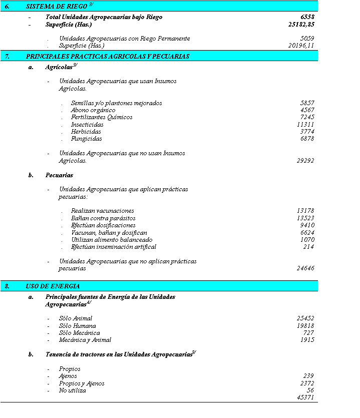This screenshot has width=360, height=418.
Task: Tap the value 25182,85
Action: click(301, 24)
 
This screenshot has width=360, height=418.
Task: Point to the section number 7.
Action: click(8, 57)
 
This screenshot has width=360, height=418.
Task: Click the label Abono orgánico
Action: click(93, 110)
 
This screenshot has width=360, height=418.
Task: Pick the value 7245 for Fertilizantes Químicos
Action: click(307, 117)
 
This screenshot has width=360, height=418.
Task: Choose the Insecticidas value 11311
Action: click(305, 125)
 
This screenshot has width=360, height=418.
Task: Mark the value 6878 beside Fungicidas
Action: click(307, 139)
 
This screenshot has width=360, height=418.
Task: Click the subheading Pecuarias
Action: click(59, 175)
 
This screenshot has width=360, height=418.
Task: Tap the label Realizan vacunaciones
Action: click(103, 211)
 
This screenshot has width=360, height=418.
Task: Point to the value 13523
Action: click(305, 218)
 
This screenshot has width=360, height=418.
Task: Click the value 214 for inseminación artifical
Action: click(308, 247)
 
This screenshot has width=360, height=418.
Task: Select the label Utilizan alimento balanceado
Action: click(112, 240)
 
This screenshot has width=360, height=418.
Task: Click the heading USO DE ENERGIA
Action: click(53, 286)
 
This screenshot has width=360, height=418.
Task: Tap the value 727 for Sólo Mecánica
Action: click(308, 333)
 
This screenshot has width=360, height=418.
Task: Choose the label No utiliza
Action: click(73, 390)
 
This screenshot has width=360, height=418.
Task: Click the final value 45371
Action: click(305, 397)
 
